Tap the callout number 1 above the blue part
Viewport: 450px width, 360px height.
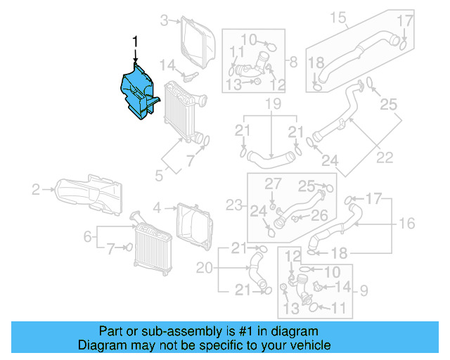tap(136, 43)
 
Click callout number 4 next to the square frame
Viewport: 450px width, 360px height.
tap(157, 207)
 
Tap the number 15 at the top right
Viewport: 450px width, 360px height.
tap(338, 16)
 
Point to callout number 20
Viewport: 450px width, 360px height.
tap(204, 267)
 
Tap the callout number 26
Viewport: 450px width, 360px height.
tap(319, 215)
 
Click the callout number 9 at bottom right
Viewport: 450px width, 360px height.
tap(364, 289)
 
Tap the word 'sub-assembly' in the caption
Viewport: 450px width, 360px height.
tap(151, 330)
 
